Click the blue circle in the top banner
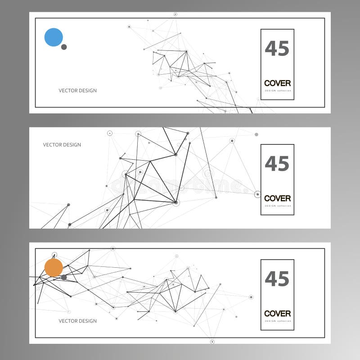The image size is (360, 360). click(54, 37)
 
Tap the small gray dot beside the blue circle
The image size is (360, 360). click(64, 47)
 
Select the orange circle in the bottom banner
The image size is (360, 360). click(54, 268)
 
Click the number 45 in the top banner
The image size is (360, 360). click(277, 49)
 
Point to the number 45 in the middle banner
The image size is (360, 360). click(277, 164)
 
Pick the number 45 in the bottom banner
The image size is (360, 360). click(277, 279)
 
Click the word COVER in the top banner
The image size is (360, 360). click(277, 83)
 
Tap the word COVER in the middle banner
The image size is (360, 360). click(277, 198)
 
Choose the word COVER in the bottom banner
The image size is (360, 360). click(277, 314)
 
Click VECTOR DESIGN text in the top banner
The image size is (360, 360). click(77, 90)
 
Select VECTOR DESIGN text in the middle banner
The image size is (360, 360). click(62, 145)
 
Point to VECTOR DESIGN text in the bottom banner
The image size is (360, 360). click(77, 321)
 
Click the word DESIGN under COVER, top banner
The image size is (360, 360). click(270, 90)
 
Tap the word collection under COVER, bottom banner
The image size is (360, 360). click(284, 321)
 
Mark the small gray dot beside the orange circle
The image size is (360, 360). click(64, 277)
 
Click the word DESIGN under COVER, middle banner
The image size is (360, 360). click(270, 206)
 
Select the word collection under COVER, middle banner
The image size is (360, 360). click(284, 206)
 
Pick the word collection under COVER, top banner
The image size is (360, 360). click(284, 90)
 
